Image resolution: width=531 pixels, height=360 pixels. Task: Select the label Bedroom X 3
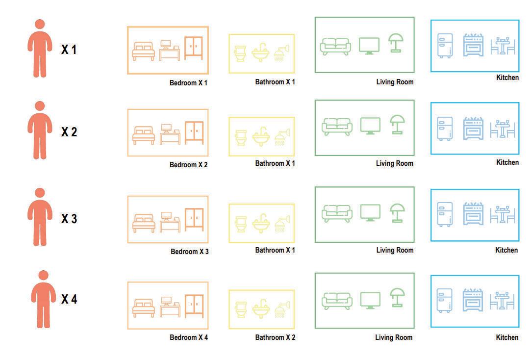[x=189, y=252]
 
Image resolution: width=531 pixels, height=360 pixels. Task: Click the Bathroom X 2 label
[x=275, y=337]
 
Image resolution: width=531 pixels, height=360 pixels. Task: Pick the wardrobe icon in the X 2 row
[x=194, y=132]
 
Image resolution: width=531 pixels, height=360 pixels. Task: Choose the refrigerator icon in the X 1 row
[x=445, y=46]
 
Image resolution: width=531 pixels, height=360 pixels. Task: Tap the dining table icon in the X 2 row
[x=502, y=129]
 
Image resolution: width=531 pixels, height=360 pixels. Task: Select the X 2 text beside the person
[x=69, y=132]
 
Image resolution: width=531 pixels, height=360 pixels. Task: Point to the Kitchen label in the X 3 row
[x=506, y=250]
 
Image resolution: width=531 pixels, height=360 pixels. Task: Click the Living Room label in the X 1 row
[x=395, y=82]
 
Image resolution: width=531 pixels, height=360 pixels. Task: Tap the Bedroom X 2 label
[x=188, y=165]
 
